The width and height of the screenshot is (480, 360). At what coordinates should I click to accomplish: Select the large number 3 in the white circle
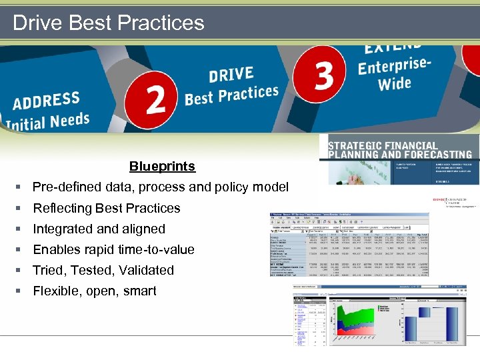[x=324, y=75]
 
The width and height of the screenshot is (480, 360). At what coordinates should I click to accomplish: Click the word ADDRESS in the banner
[x=46, y=103]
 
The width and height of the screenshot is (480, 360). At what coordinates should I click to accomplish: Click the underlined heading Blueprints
[x=162, y=167]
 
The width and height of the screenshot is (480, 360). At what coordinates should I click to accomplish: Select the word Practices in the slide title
[x=159, y=23]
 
